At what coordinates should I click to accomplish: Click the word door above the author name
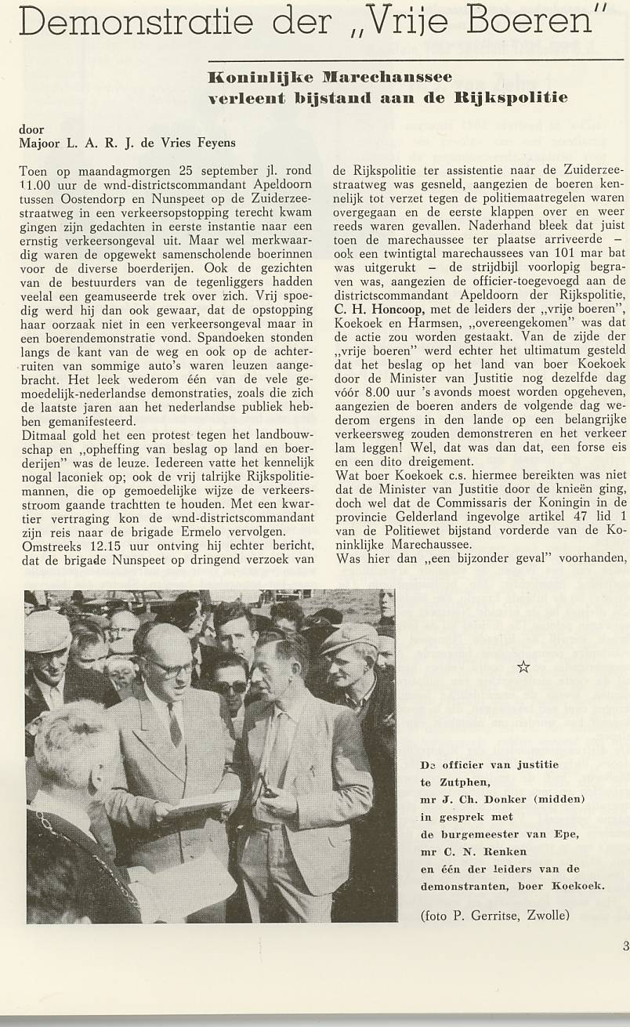31,129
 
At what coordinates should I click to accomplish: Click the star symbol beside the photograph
523,667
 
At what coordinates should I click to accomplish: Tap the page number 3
625,946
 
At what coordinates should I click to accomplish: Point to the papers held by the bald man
196,803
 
